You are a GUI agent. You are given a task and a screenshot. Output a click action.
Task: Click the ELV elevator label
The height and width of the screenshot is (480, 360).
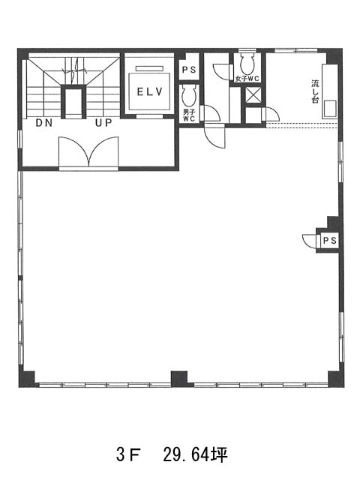(150, 91)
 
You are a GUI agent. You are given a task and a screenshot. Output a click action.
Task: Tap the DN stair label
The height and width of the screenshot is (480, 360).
(44, 123)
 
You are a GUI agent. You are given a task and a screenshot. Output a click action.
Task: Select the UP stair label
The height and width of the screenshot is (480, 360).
(103, 123)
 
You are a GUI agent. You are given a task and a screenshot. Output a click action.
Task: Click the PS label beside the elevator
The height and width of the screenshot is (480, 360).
(189, 70)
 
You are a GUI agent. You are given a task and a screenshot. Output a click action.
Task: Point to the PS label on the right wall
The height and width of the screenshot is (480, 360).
(330, 241)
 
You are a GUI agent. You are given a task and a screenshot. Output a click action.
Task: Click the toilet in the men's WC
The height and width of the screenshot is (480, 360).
(189, 96)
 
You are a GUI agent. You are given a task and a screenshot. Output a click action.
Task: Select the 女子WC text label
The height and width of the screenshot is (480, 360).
(247, 79)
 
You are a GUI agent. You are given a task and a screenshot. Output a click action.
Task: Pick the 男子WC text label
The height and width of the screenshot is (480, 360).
(189, 115)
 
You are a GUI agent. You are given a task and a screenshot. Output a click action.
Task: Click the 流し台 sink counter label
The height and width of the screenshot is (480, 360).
(315, 91)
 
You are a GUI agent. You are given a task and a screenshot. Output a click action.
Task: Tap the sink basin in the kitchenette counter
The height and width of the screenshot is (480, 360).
(330, 109)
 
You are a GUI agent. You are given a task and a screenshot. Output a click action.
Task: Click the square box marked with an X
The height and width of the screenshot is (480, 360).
(253, 95)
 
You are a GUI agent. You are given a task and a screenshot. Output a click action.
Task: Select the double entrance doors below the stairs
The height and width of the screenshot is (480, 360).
(88, 151)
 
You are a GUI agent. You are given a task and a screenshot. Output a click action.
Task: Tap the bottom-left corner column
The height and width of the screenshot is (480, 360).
(27, 379)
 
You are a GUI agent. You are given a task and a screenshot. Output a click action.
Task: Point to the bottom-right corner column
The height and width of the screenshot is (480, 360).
(336, 379)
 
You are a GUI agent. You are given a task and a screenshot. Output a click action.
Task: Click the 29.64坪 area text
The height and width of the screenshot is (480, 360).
(195, 454)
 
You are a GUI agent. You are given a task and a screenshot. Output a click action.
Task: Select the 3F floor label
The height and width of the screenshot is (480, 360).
(128, 454)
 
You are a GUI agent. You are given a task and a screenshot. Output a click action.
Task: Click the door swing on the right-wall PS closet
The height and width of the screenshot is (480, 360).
(310, 240)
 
